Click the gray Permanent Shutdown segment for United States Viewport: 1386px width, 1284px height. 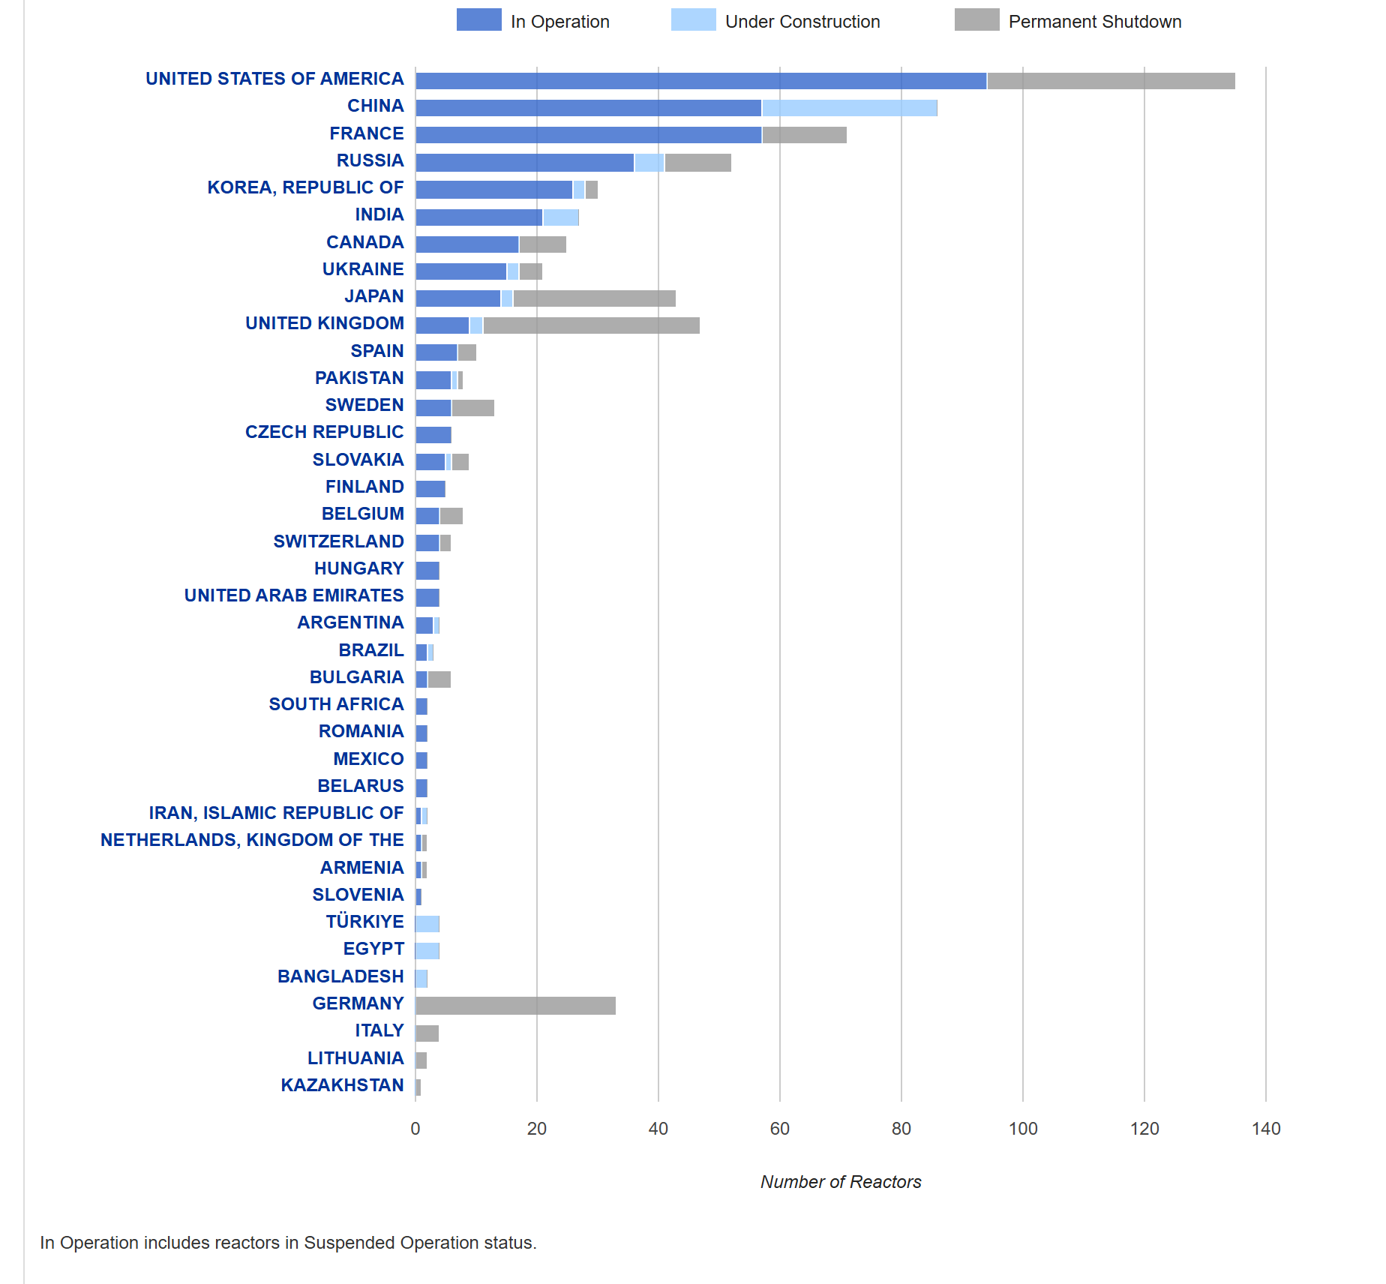coord(1111,81)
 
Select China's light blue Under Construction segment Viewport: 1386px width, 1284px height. coord(849,108)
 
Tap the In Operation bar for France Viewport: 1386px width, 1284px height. coord(589,135)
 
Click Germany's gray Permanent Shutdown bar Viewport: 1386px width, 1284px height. coord(515,1006)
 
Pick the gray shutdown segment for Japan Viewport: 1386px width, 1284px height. coord(594,298)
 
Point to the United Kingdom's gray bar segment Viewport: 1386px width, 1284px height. coord(591,325)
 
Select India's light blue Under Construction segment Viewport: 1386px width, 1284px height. coord(561,217)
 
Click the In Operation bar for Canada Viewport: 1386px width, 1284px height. coord(467,244)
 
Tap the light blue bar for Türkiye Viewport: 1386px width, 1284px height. coord(427,924)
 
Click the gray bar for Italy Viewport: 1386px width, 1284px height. coord(427,1033)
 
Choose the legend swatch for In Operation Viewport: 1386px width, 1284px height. coord(478,20)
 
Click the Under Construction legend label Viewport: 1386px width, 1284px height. coord(802,22)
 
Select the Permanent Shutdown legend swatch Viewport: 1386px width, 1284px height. coord(976,20)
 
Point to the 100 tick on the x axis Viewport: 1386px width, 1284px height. coord(1023,1129)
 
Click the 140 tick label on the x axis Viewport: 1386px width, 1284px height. coord(1266,1129)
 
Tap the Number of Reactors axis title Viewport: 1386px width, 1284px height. coord(841,1182)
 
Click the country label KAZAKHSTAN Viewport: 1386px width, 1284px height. coord(342,1085)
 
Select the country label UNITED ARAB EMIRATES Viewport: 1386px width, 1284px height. coord(294,595)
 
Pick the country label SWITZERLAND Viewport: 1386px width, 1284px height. coord(338,541)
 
